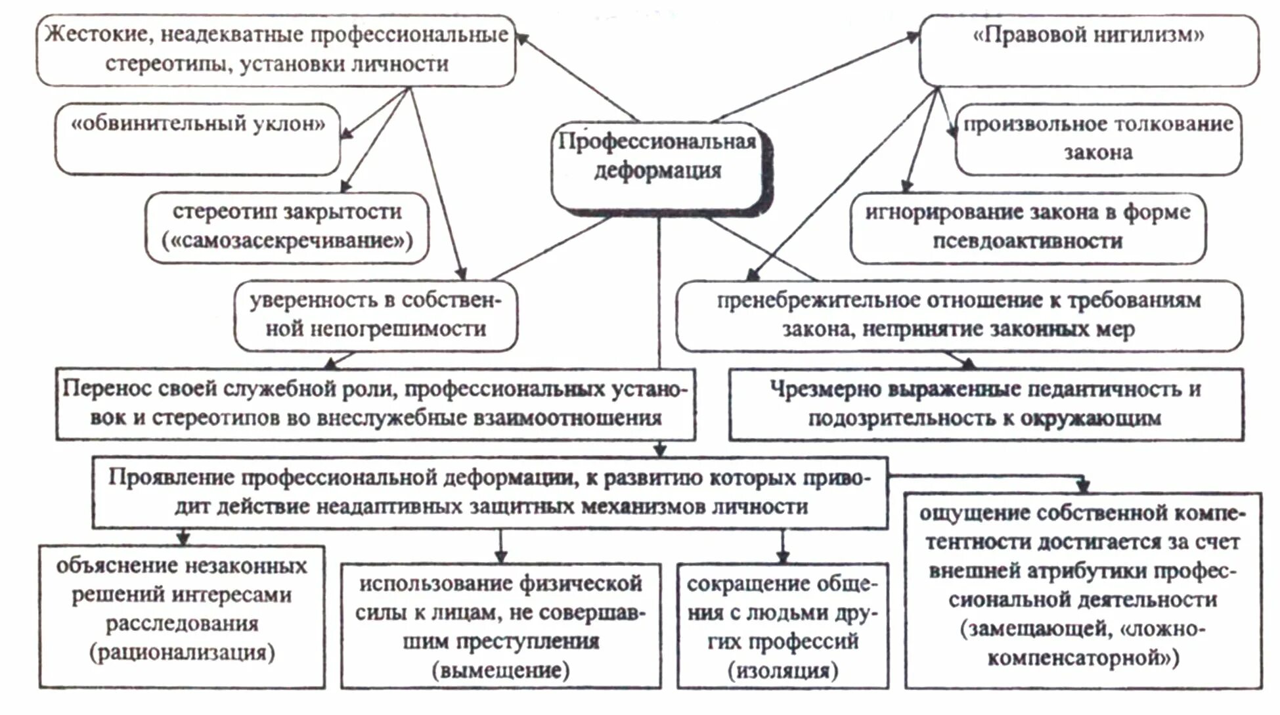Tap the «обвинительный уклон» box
pos(198,139)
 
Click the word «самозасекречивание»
pos(287,241)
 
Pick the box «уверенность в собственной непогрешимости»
pos(376,314)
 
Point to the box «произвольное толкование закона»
pos(1098,139)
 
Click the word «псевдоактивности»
pos(1027,241)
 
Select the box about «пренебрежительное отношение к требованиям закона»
pos(959,314)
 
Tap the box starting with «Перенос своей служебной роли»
pos(375,403)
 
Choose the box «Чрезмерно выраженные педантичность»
pos(985,403)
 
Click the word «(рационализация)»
pos(182,653)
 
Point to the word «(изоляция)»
pos(783,670)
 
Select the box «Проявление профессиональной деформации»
pos(489,492)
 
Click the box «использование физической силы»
pos(500,625)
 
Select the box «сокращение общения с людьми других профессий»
pos(783,625)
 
